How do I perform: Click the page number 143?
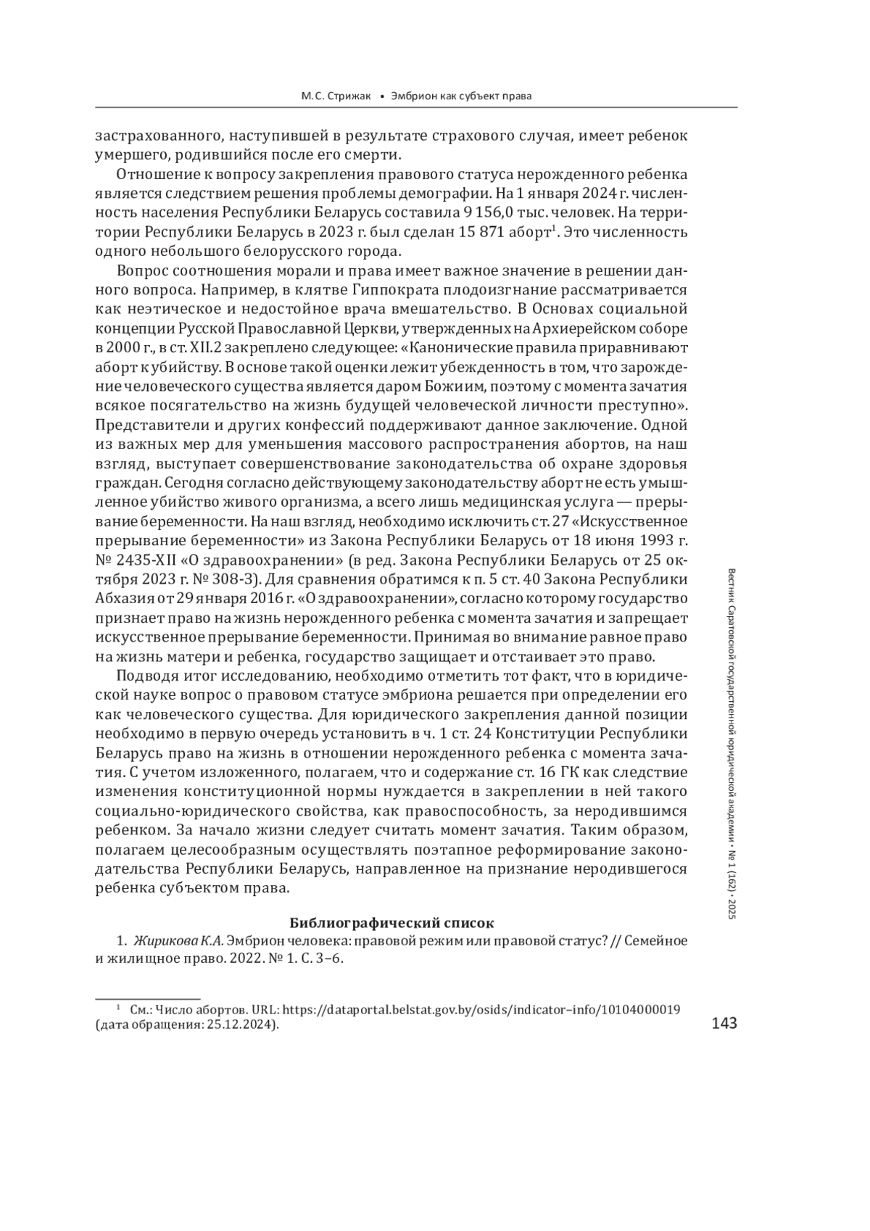[x=724, y=1022]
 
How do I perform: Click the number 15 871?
[x=485, y=233]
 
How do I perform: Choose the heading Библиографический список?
[x=391, y=923]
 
